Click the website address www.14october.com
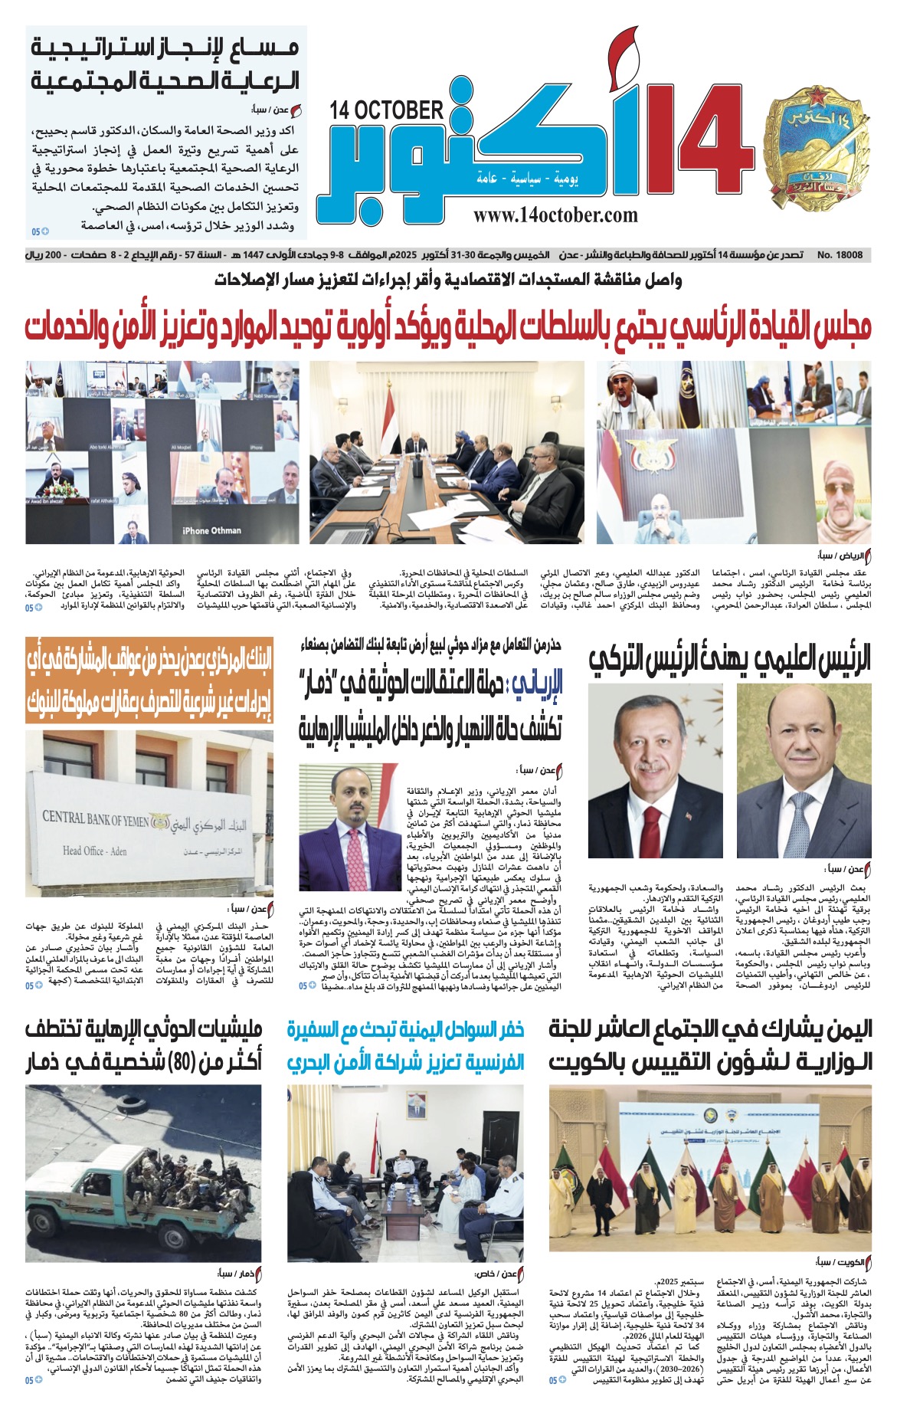(x=555, y=215)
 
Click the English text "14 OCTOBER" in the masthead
(x=387, y=110)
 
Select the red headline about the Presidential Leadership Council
(x=448, y=326)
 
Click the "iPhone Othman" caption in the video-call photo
(x=211, y=530)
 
